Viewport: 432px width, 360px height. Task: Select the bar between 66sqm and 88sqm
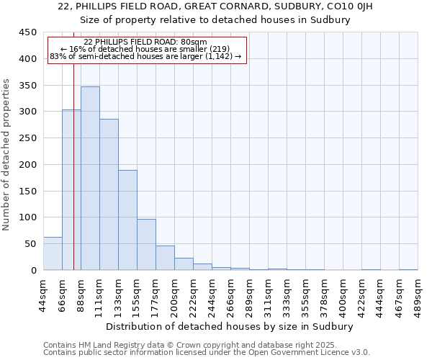71,190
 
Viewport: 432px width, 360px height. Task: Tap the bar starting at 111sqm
109,194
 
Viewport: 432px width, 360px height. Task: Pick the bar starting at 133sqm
127,220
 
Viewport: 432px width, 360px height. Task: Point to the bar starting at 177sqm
165,258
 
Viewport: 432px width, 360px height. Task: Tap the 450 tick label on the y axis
27,32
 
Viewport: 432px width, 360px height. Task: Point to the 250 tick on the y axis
27,138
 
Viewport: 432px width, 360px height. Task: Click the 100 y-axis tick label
27,217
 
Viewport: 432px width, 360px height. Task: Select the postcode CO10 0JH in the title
366,6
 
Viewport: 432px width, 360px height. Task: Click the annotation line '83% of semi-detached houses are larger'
146,56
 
